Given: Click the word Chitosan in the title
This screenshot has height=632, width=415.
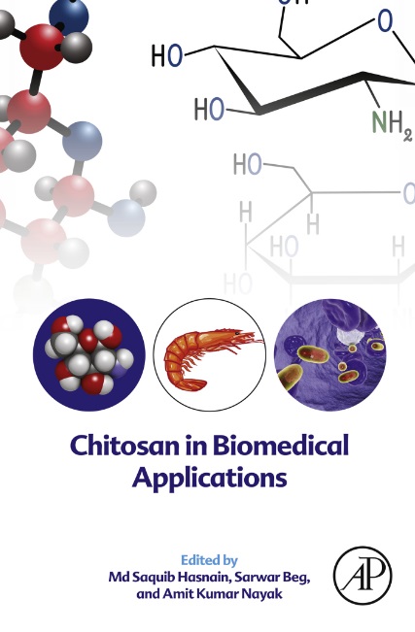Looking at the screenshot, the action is click(125, 446).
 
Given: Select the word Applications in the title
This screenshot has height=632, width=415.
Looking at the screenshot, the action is click(210, 478).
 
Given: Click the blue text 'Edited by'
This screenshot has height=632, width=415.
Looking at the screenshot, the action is click(209, 560).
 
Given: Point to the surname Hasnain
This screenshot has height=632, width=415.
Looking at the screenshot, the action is click(201, 578).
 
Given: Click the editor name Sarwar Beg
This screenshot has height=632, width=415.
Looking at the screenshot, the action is click(273, 578).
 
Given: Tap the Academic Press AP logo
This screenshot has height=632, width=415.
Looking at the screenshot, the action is click(363, 575).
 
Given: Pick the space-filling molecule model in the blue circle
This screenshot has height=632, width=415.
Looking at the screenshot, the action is click(88, 354).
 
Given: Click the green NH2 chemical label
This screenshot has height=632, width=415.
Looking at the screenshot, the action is click(392, 123).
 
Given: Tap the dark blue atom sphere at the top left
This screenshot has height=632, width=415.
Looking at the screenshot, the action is click(69, 17).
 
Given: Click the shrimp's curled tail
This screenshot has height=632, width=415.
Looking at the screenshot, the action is click(190, 383).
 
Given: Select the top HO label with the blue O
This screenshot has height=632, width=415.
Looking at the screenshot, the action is click(167, 55).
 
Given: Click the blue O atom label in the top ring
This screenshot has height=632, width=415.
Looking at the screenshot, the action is click(385, 21).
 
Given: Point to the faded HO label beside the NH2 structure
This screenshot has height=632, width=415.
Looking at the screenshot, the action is click(247, 164).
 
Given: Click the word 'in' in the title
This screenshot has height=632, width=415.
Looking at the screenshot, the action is click(195, 446).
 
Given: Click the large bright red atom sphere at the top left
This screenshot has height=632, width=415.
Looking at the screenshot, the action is click(42, 47).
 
